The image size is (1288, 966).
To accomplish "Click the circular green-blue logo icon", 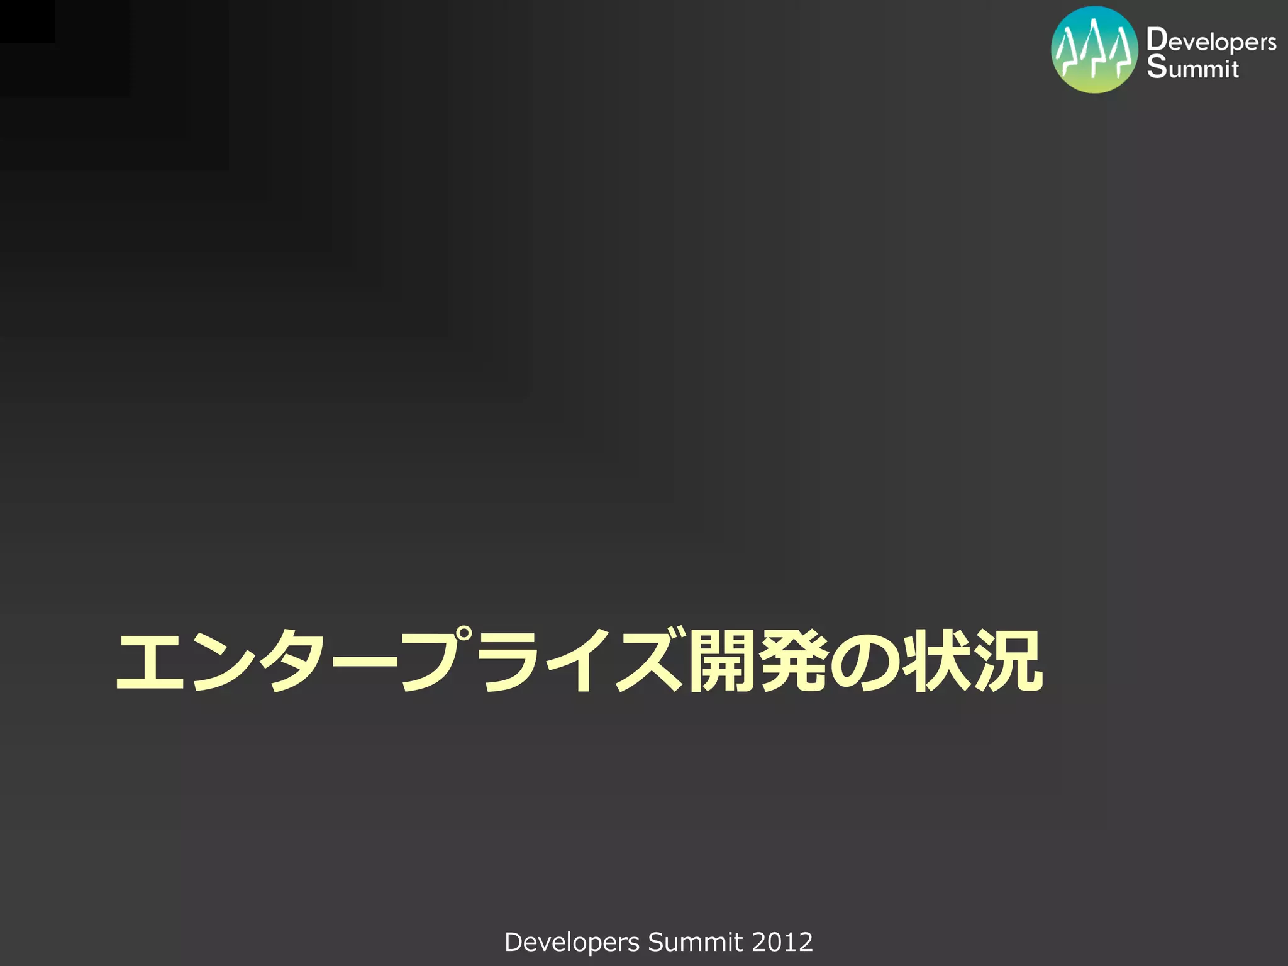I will pos(1094,50).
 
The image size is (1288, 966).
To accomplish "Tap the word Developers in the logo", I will pos(1211,41).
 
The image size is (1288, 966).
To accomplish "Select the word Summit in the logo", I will pos(1192,67).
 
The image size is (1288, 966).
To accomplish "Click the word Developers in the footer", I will pos(572,942).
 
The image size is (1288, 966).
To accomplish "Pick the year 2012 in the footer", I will pos(782,942).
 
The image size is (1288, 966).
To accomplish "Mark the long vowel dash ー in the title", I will pos(365,662).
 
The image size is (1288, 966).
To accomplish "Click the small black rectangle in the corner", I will pos(27,21).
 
